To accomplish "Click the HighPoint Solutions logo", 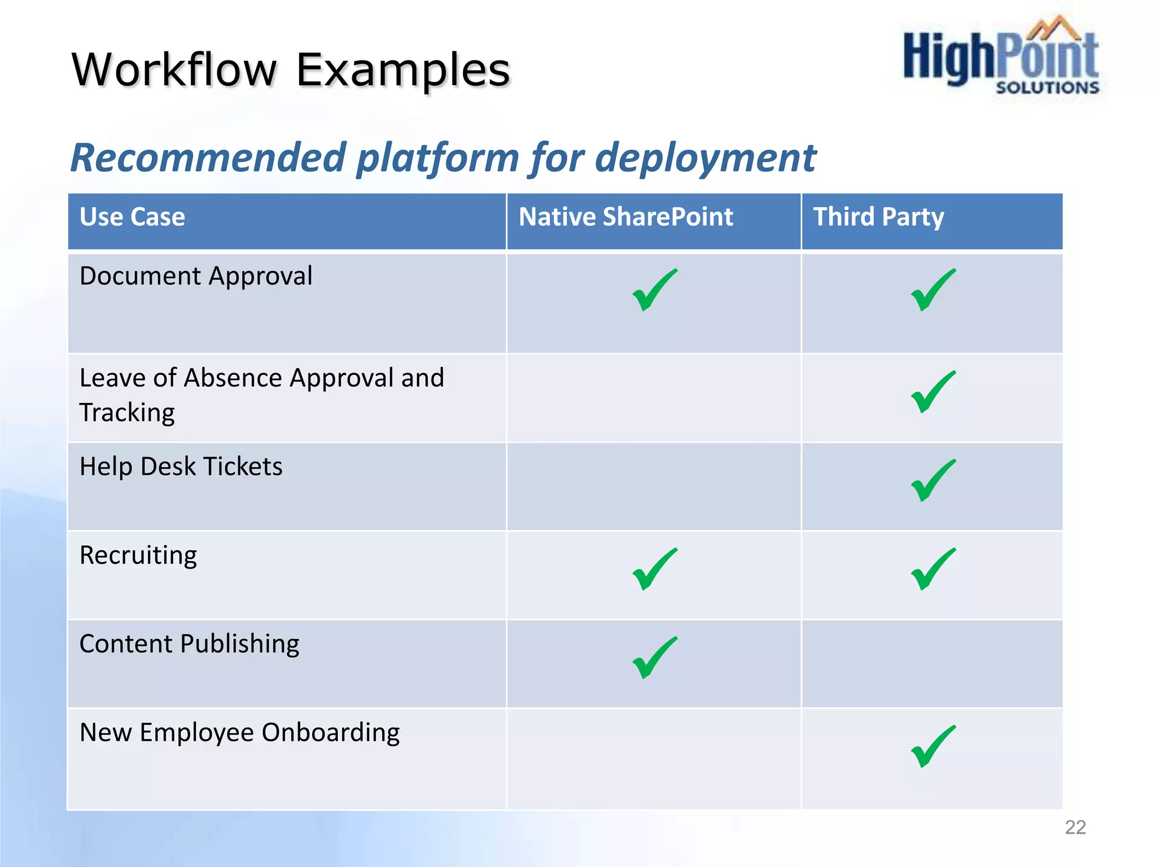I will (1001, 56).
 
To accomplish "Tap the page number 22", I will (1075, 827).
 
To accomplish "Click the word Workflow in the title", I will (174, 70).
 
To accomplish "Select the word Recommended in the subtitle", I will (208, 157).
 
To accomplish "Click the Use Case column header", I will (132, 217).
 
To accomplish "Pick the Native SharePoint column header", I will (625, 217).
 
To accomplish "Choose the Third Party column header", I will (878, 217).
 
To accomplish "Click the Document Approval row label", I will (196, 276).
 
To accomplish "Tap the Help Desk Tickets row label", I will (181, 466).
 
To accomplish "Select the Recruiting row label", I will (138, 555).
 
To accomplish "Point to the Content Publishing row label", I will (189, 644).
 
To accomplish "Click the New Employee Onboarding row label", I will (239, 733).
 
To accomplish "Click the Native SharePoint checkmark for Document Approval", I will (654, 290).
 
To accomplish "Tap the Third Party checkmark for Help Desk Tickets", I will (932, 480).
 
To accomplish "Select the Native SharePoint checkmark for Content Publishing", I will (654, 658).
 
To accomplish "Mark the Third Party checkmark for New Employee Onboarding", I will (932, 746).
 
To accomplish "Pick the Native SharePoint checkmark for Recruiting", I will (654, 569).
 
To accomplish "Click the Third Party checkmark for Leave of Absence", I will (932, 392).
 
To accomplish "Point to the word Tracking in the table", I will (127, 413).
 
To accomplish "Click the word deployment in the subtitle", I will (706, 157).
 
